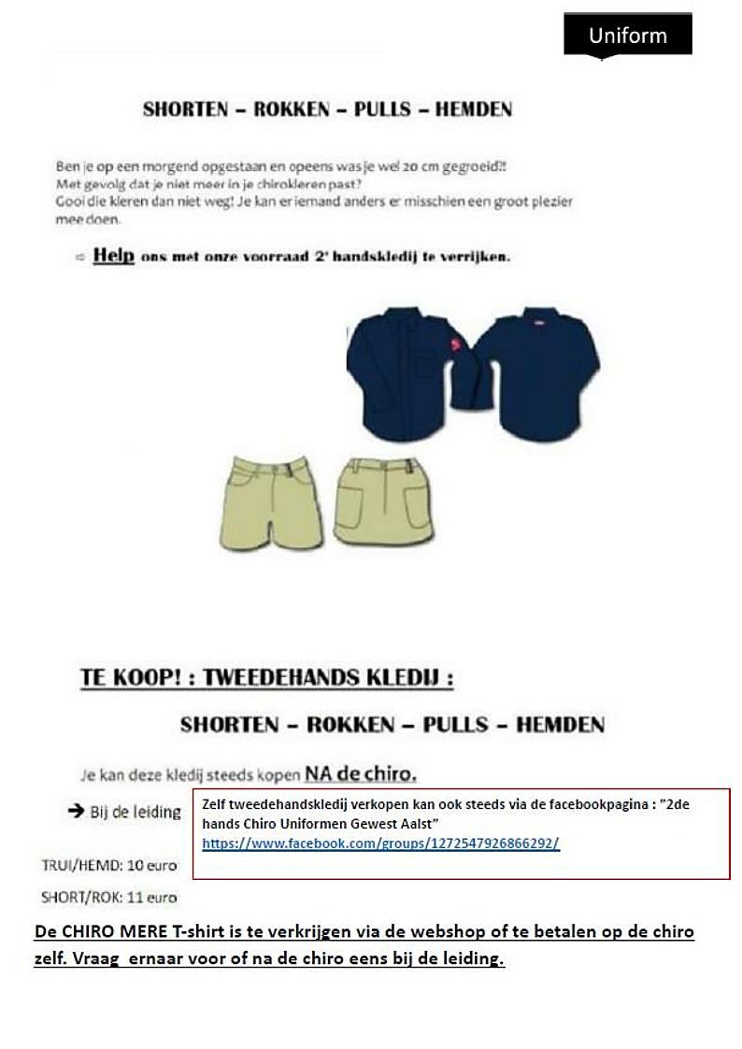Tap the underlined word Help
(x=113, y=256)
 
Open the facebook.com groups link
(x=380, y=843)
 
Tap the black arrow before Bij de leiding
(x=77, y=811)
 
